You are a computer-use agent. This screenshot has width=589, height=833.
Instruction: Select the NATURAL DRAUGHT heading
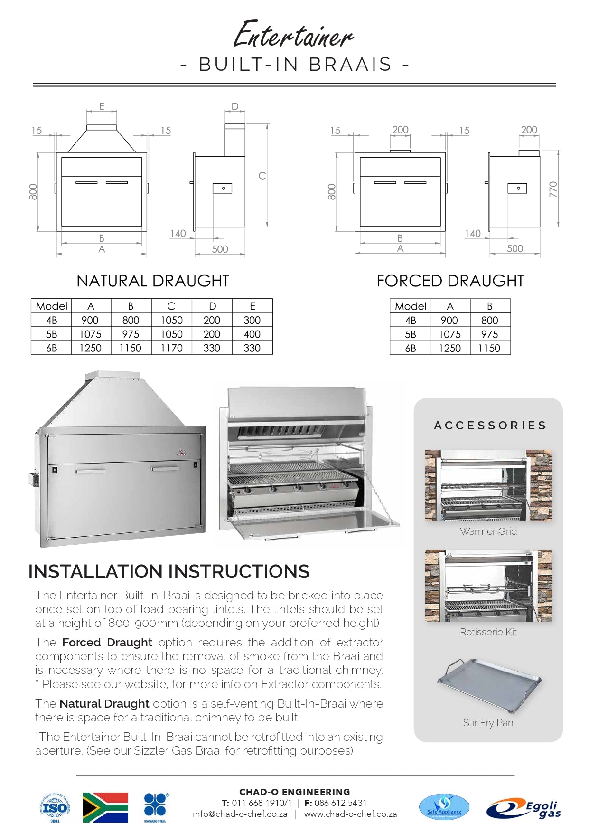(x=153, y=281)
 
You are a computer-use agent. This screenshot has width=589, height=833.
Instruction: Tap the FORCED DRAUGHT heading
(x=450, y=281)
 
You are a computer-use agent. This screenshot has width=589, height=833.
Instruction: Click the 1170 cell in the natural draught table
(x=171, y=348)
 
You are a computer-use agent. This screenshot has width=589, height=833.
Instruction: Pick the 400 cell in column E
(x=252, y=334)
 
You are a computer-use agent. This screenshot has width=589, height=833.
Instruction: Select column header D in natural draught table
(x=212, y=306)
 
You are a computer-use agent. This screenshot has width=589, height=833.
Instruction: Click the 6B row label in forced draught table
(x=411, y=348)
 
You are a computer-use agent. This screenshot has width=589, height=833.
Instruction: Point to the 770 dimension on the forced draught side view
(x=553, y=189)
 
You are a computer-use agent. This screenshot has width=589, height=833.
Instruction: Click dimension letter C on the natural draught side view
(x=262, y=176)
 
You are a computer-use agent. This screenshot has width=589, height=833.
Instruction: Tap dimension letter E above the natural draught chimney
(x=102, y=106)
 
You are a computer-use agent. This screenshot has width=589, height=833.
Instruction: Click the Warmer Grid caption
(x=488, y=531)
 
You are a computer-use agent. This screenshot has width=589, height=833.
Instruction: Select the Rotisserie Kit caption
(x=488, y=632)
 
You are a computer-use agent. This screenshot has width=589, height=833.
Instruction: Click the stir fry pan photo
(x=489, y=684)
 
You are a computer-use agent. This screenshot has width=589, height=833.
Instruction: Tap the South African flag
(x=105, y=807)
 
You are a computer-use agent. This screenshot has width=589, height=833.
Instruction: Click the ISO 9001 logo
(x=55, y=807)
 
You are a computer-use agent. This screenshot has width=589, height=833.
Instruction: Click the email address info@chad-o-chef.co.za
(x=240, y=814)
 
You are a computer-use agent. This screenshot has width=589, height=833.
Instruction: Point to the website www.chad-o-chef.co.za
(x=350, y=814)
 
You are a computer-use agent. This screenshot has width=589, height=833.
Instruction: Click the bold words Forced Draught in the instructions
(x=107, y=643)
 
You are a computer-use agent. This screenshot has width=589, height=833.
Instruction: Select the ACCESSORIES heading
(x=490, y=426)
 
